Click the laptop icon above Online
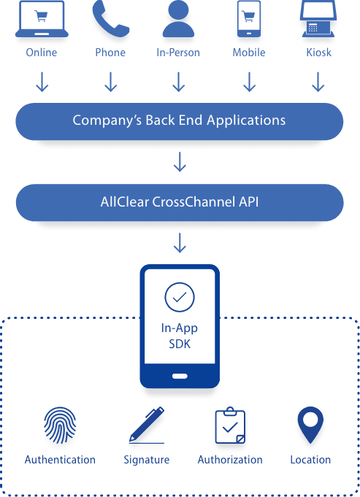pos(42,19)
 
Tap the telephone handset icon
pos(110,19)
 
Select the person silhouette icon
pos(178,19)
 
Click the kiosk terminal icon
pos(318,19)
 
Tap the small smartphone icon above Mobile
pos(249,19)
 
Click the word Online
pos(42,53)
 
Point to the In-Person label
pos(178,53)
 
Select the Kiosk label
pos(319,53)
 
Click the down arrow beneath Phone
pos(111,82)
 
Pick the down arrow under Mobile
pos(249,82)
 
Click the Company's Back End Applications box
pos(180,121)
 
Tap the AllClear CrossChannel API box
pos(180,203)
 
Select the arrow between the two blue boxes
pos(180,162)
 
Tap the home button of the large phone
pos(180,377)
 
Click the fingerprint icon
pos(60,425)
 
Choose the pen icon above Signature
pos(147,425)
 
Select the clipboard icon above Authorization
pos(230,425)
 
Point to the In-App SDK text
pos(180,336)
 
